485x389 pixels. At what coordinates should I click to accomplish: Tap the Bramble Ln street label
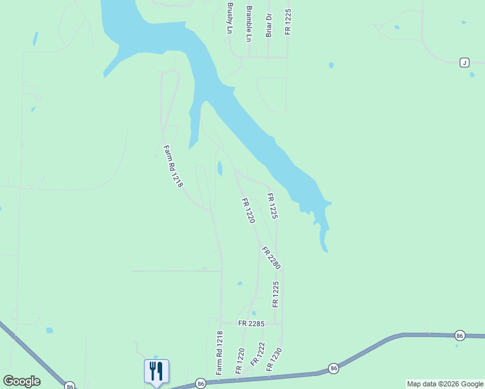249,24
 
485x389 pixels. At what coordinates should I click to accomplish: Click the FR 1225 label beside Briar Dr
288,21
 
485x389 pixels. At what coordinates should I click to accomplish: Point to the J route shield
464,62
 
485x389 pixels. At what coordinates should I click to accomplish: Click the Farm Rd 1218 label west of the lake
173,166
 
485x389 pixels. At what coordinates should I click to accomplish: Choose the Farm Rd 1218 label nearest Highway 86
220,352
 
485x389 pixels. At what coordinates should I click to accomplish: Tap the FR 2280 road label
271,258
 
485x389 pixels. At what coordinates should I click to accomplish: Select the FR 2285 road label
251,323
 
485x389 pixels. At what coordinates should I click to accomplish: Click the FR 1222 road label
257,354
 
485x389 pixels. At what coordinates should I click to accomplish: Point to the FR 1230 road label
274,359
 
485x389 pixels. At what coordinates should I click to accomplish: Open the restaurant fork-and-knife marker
156,371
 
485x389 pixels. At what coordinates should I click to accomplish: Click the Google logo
21,381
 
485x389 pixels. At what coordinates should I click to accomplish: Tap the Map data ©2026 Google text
445,384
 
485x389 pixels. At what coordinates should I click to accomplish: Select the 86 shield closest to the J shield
460,335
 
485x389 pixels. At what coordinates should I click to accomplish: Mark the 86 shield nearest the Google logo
69,386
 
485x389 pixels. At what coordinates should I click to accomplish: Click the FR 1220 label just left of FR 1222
240,360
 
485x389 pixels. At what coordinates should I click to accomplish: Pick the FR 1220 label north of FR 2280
248,211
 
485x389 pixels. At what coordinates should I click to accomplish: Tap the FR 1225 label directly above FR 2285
276,294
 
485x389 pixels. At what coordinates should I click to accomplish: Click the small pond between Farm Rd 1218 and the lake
220,169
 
